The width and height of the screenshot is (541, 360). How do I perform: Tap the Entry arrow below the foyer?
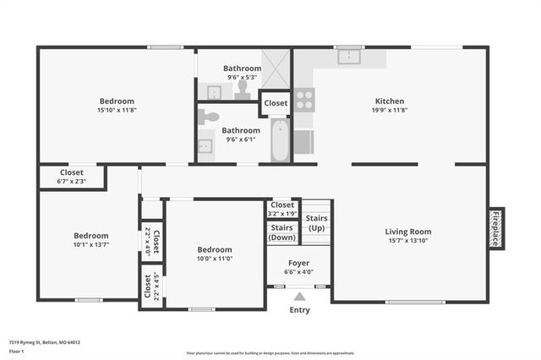(x=299, y=297)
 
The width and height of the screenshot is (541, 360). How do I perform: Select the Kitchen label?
(x=390, y=101)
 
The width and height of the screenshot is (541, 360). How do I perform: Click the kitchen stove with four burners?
(x=303, y=101)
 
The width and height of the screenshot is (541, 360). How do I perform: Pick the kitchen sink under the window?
(x=348, y=57)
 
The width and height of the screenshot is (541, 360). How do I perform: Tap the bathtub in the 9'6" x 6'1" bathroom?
(x=281, y=140)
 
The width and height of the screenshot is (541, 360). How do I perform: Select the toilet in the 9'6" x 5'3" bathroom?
(x=243, y=87)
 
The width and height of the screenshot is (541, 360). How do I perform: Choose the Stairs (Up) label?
(x=317, y=224)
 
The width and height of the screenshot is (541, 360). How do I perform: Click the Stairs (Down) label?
(x=281, y=232)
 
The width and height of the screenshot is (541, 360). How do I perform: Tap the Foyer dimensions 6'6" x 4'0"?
(x=299, y=272)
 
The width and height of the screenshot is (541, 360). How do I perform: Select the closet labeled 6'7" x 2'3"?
(x=71, y=176)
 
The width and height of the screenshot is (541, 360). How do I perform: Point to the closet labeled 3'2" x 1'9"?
(x=281, y=208)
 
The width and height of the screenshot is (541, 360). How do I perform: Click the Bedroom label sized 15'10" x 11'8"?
(x=117, y=106)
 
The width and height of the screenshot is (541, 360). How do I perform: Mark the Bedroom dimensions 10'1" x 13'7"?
(x=90, y=245)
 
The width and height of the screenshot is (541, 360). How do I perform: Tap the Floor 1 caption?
(x=16, y=351)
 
